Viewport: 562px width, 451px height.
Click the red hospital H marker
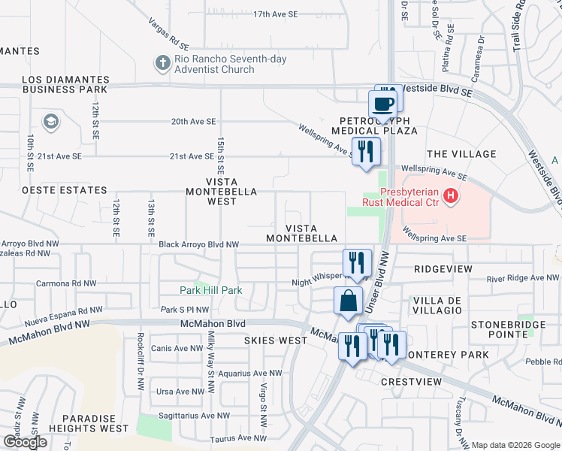click(x=451, y=196)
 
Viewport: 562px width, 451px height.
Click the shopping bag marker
click(x=349, y=301)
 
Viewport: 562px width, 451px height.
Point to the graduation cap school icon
click(x=50, y=122)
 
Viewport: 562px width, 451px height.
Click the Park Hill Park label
click(x=211, y=290)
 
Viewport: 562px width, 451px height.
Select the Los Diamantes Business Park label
click(x=65, y=84)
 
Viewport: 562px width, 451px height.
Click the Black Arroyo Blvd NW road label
click(x=198, y=244)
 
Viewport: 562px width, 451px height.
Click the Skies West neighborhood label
click(x=276, y=341)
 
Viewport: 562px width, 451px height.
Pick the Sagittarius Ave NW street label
click(x=193, y=415)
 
